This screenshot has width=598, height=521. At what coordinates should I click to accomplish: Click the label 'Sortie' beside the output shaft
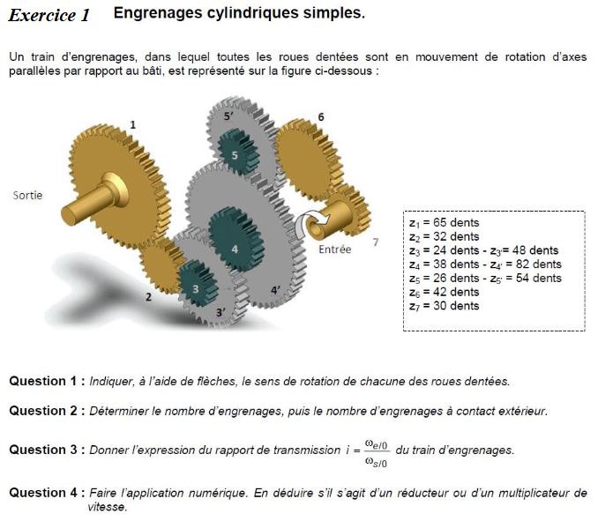point(28,195)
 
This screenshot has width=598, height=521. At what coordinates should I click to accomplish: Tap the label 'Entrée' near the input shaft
point(334,249)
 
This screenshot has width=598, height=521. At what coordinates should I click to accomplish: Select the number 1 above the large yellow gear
point(133,125)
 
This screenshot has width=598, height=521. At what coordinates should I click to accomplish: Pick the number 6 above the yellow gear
point(320,116)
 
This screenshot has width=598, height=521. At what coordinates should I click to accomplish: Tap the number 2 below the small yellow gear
point(148,297)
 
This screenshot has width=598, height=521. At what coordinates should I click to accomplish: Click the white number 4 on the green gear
point(235,249)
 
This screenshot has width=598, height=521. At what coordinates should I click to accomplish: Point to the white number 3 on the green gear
point(195,287)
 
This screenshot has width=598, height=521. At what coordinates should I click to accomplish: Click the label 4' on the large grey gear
point(276,290)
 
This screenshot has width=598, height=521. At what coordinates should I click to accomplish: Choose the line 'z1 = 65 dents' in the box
point(445,222)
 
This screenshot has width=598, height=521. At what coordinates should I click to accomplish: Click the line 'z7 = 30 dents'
point(445,306)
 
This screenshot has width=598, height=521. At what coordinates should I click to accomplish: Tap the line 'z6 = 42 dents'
point(445,292)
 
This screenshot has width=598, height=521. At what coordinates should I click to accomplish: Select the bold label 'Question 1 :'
point(47,382)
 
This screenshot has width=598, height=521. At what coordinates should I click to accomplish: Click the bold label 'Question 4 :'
point(47,493)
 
